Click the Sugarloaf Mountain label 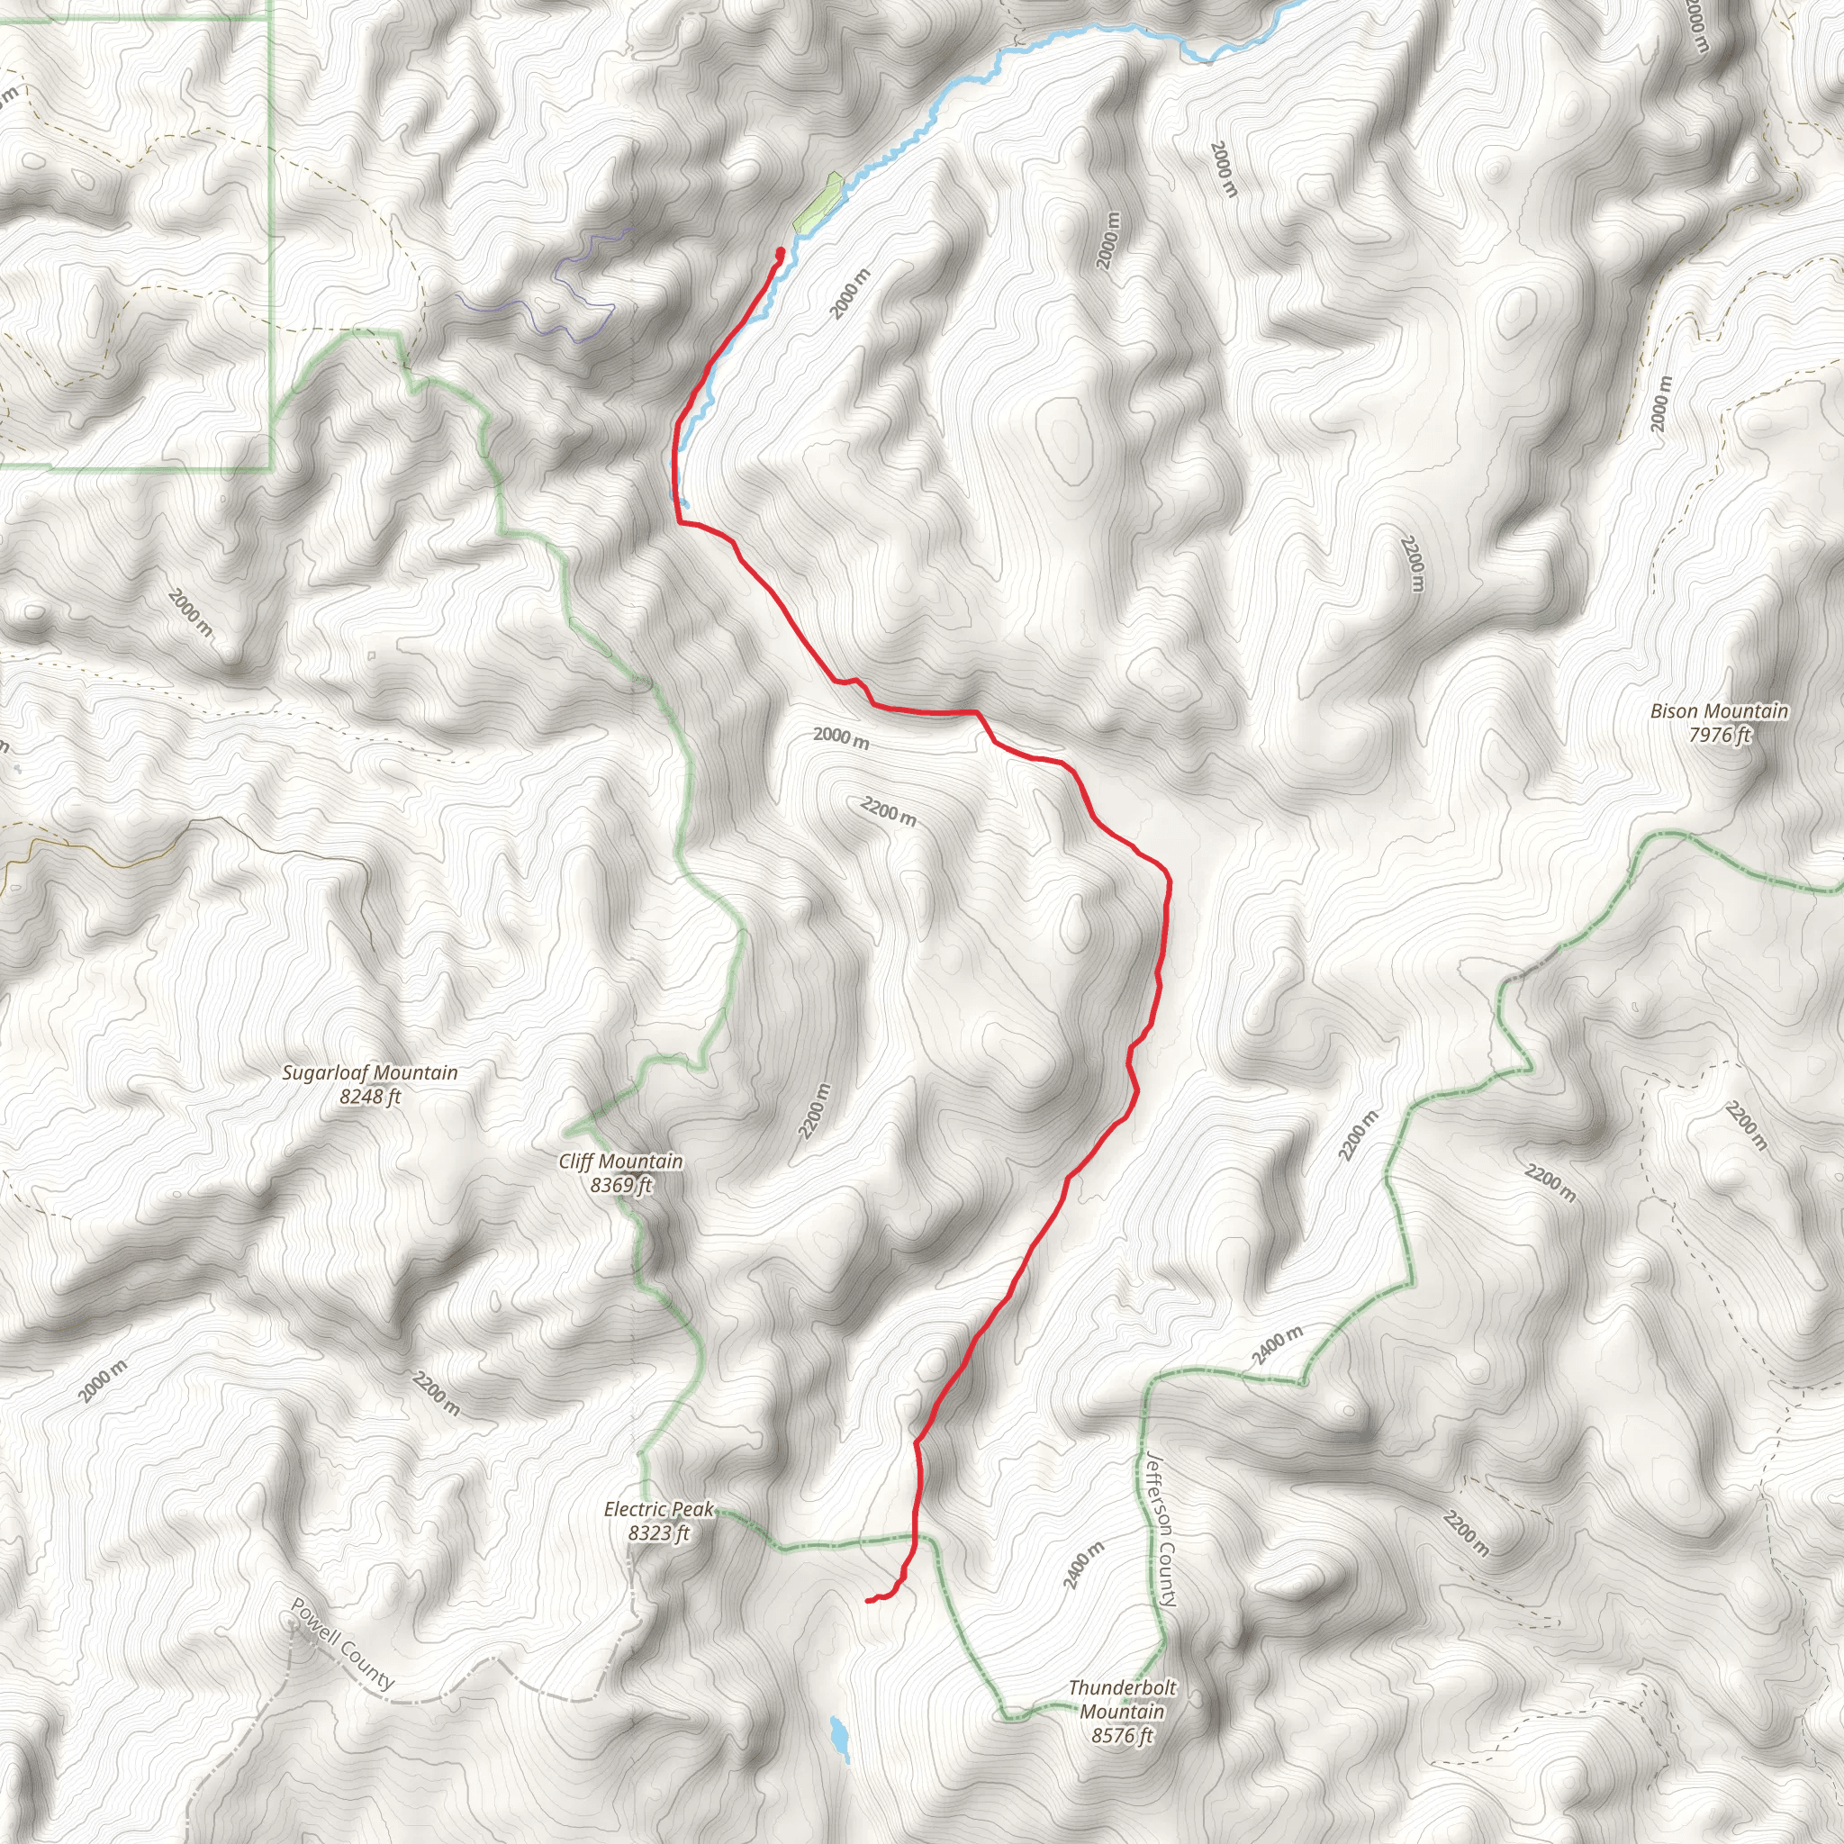coord(369,1072)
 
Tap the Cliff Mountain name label coord(620,1162)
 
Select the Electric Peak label coord(658,1510)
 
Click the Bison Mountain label coord(1719,711)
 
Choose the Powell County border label coord(341,1644)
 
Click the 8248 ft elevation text coord(369,1097)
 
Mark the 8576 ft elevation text coord(1123,1735)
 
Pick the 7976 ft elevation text coord(1719,735)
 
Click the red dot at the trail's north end coord(781,252)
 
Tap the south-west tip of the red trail coord(868,1600)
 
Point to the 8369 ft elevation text coord(620,1186)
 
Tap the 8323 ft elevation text coord(658,1533)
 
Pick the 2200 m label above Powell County coord(436,1394)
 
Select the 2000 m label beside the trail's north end coord(849,294)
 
